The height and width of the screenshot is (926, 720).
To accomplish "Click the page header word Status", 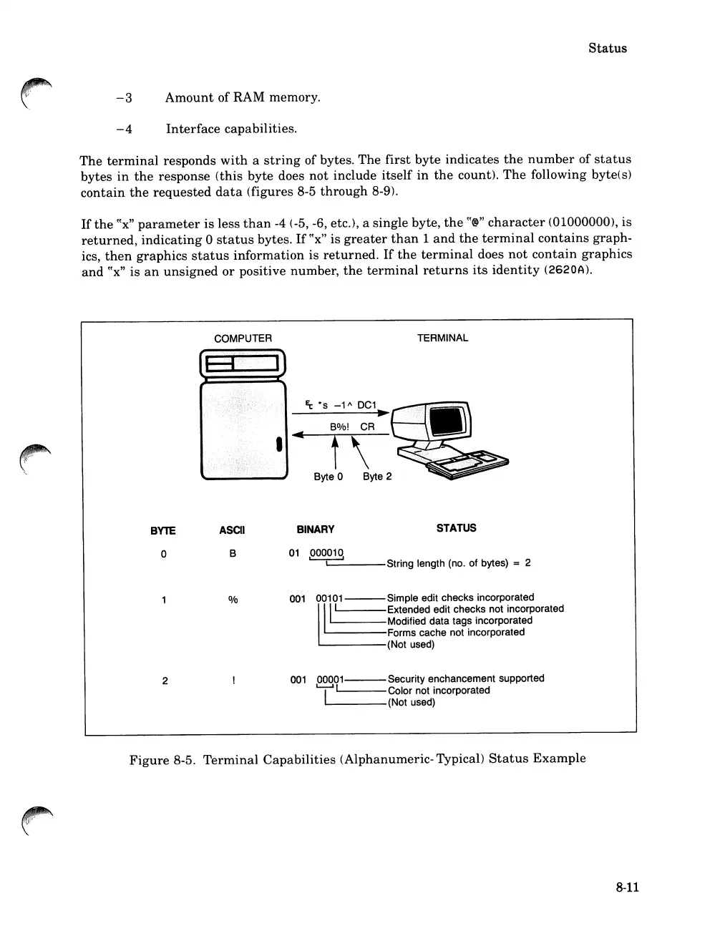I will coord(607,48).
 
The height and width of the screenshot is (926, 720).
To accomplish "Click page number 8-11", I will coord(626,887).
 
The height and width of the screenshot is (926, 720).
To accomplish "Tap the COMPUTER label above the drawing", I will coord(243,338).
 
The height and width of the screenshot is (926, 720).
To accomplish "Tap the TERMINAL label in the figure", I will coord(442,338).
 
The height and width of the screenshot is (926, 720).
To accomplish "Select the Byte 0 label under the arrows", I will coord(329,477).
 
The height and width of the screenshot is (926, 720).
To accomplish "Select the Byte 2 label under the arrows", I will coord(377,477).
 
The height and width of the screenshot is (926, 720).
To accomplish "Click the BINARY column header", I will coord(315,530).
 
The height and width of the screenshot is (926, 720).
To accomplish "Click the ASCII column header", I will coord(232,530).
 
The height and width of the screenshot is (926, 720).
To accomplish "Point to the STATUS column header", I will coord(456,528).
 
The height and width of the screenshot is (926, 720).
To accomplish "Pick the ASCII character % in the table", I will coord(233,600).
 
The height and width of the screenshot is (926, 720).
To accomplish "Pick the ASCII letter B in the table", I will coord(233,554).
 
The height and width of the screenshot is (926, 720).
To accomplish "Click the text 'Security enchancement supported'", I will coord(466,678).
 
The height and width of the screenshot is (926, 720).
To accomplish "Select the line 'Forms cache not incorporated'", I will coord(456,633).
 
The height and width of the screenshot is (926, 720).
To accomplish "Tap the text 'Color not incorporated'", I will coord(439,691).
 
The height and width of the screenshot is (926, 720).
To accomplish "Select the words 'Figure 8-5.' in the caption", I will coord(162,759).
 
